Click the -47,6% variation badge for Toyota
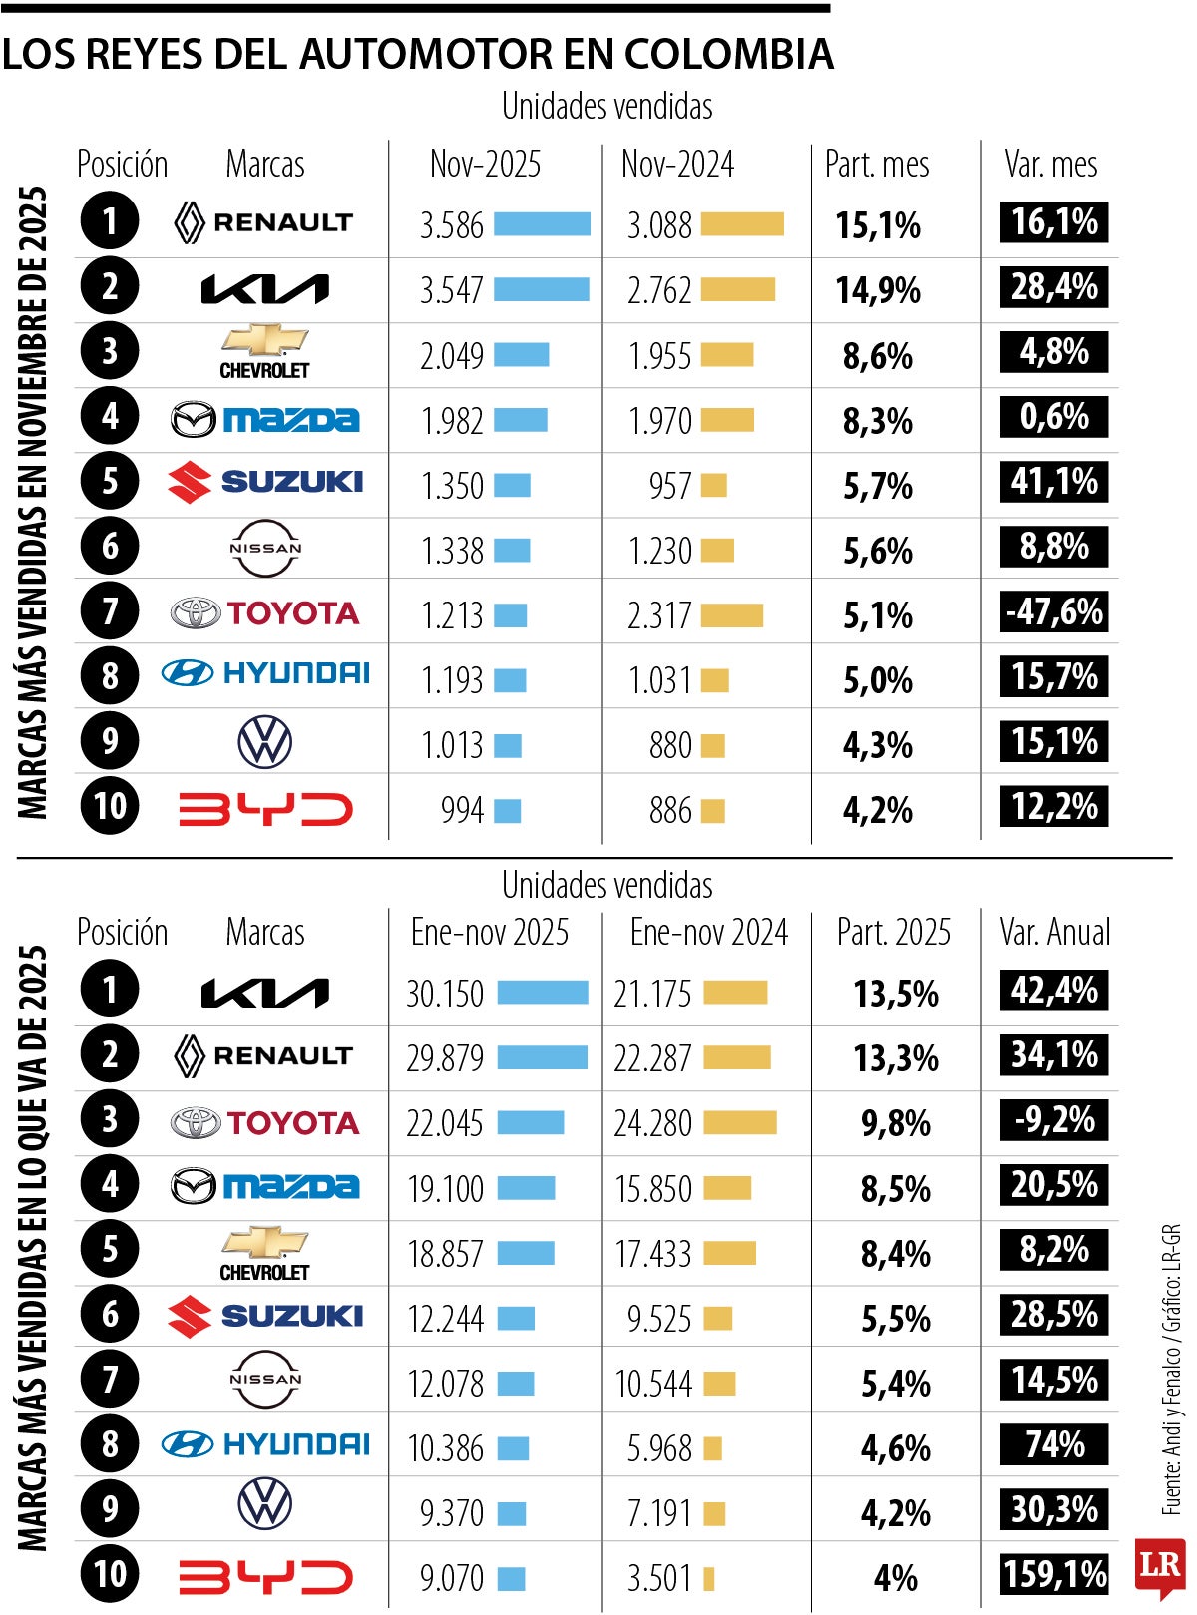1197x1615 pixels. pos(1054,611)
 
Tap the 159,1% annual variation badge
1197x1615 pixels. pos(1054,1574)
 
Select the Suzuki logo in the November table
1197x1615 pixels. pos(265,483)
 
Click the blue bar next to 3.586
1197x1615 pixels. pos(542,224)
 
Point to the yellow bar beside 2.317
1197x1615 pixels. pos(731,615)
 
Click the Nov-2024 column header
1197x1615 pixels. pos(677,165)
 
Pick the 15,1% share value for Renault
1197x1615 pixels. pos(877,226)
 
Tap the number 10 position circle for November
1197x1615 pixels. pos(110,806)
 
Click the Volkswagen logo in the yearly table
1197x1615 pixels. pos(265,1504)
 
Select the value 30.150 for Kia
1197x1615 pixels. pos(445,994)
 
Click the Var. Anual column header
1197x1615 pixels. pos(1054,933)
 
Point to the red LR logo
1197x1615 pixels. pos(1159,1566)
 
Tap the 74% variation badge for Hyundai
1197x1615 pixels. pos(1054,1444)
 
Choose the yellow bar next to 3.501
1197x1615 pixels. pos(709,1579)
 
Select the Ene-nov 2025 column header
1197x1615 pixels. pos(490,933)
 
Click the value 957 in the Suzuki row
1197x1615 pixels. pos(670,487)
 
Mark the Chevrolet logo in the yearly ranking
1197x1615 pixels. pos(265,1252)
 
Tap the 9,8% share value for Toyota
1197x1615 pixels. pos(895,1124)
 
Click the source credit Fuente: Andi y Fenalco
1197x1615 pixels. pos(1172,1397)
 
